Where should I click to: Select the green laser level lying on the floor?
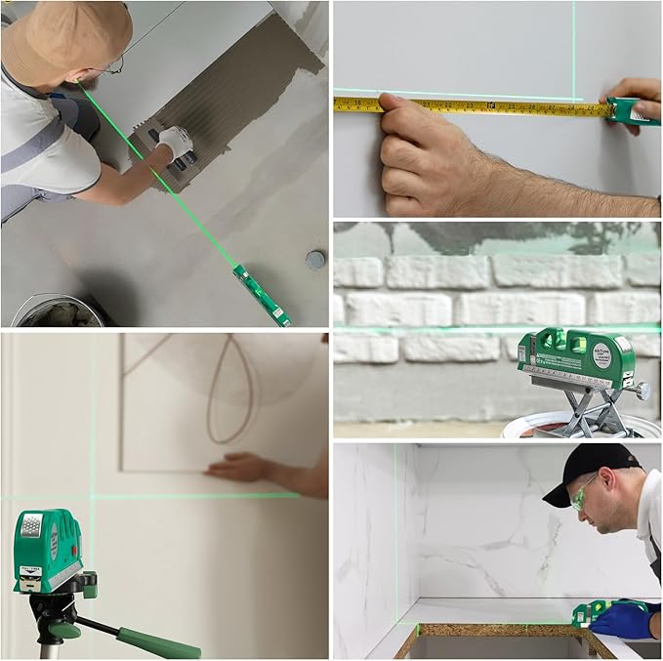261,295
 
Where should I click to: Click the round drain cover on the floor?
315,259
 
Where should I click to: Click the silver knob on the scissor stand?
642,391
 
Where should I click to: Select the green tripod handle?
156,643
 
